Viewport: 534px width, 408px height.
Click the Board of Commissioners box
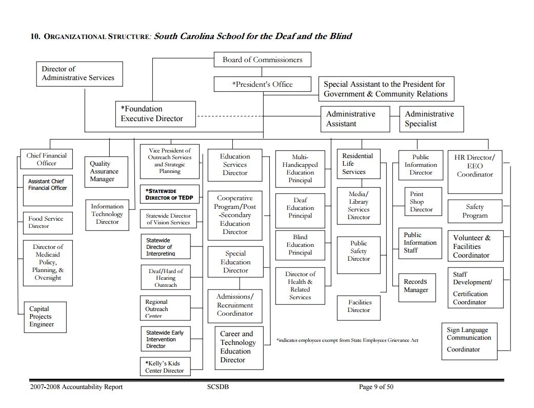pyautogui.click(x=262, y=60)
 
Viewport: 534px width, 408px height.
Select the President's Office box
pyautogui.click(x=262, y=84)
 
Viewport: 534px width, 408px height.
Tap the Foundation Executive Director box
pyautogui.click(x=155, y=114)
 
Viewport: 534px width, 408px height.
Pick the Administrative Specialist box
pyautogui.click(x=431, y=119)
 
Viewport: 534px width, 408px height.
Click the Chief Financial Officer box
pyautogui.click(x=47, y=160)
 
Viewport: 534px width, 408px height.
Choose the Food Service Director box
pyautogui.click(x=47, y=222)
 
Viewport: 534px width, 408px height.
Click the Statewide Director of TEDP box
pyautogui.click(x=169, y=195)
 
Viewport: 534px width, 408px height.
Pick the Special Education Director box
pyautogui.click(x=235, y=262)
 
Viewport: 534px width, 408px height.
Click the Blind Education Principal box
pyautogui.click(x=300, y=245)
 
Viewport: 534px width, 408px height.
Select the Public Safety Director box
pyautogui.click(x=359, y=251)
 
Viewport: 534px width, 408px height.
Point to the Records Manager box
pyautogui.click(x=420, y=286)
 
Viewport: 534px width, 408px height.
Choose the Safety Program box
pyautogui.click(x=474, y=211)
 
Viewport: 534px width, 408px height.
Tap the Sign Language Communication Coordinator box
pyautogui.click(x=469, y=340)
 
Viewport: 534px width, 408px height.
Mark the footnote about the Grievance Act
pyautogui.click(x=347, y=340)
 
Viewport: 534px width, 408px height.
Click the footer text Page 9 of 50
pyautogui.click(x=380, y=387)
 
